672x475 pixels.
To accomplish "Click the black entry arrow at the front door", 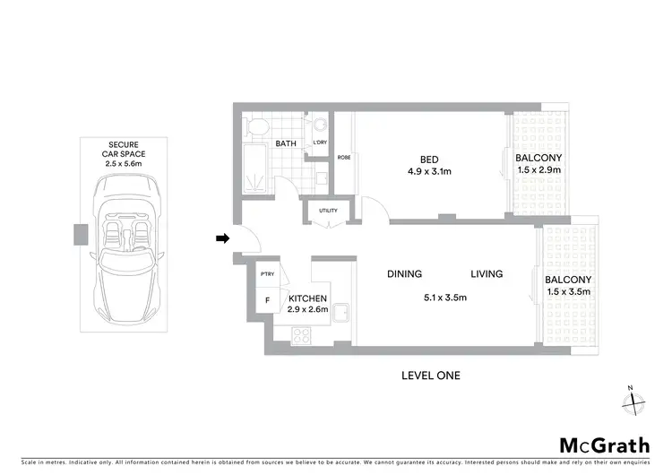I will click(x=222, y=237).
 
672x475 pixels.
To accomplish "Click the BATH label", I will click(x=286, y=143).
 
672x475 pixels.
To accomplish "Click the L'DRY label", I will click(x=318, y=143).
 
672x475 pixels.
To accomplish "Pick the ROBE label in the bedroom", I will click(x=343, y=158).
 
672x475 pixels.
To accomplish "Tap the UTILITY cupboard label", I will click(x=321, y=212).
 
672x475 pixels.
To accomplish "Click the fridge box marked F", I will click(x=267, y=300).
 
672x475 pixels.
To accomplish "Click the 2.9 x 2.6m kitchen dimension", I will click(x=308, y=310).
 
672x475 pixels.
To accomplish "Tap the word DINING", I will click(x=404, y=274).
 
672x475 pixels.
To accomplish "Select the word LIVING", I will click(x=484, y=274).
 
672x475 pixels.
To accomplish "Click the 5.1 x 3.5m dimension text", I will click(x=444, y=298).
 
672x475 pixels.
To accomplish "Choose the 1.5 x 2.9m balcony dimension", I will click(x=538, y=169).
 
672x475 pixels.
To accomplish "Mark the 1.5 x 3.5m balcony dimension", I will click(x=567, y=292).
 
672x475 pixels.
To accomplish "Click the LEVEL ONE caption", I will click(x=430, y=376).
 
